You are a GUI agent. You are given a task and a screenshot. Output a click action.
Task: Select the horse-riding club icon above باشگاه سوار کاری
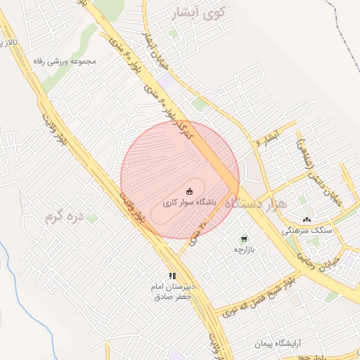pyautogui.click(x=189, y=191)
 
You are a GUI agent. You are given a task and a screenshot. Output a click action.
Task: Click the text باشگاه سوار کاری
pyautogui.click(x=189, y=202)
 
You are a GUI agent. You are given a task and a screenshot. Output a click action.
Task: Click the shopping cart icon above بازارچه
pyautogui.click(x=244, y=239)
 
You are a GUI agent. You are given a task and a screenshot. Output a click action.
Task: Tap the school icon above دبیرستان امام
pyautogui.click(x=172, y=276)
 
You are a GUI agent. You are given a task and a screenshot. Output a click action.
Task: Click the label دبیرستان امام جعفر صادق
pyautogui.click(x=172, y=292)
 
